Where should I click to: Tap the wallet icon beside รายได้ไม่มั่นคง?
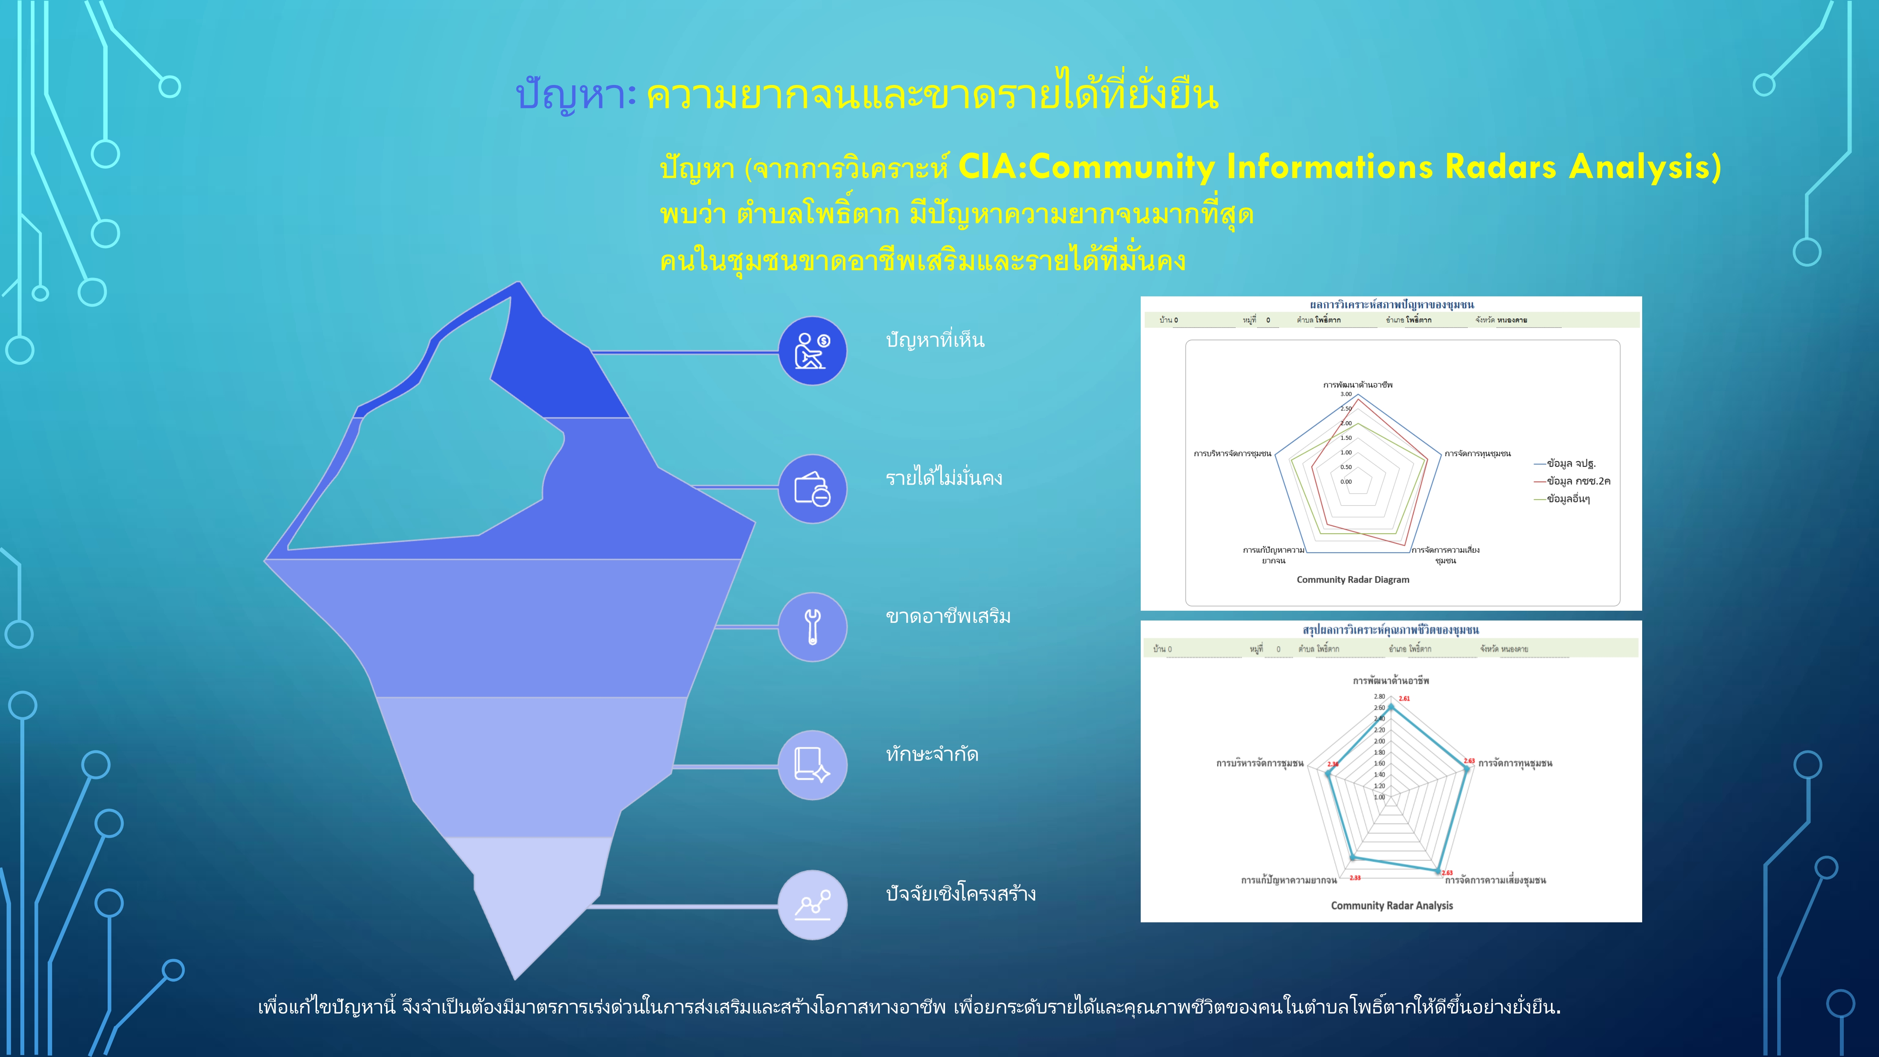click(x=812, y=489)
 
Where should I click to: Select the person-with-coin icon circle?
click(x=812, y=351)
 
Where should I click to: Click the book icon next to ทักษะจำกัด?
click(x=812, y=765)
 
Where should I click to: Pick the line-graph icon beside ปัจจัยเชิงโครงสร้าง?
click(x=812, y=905)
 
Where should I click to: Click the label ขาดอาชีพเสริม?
click(x=947, y=617)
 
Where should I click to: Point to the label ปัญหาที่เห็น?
click(x=934, y=340)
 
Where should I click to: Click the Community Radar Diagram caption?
click(x=1352, y=580)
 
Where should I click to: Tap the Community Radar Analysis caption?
click(x=1391, y=905)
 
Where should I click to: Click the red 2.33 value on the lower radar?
click(x=1354, y=878)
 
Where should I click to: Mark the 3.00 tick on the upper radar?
click(x=1346, y=394)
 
